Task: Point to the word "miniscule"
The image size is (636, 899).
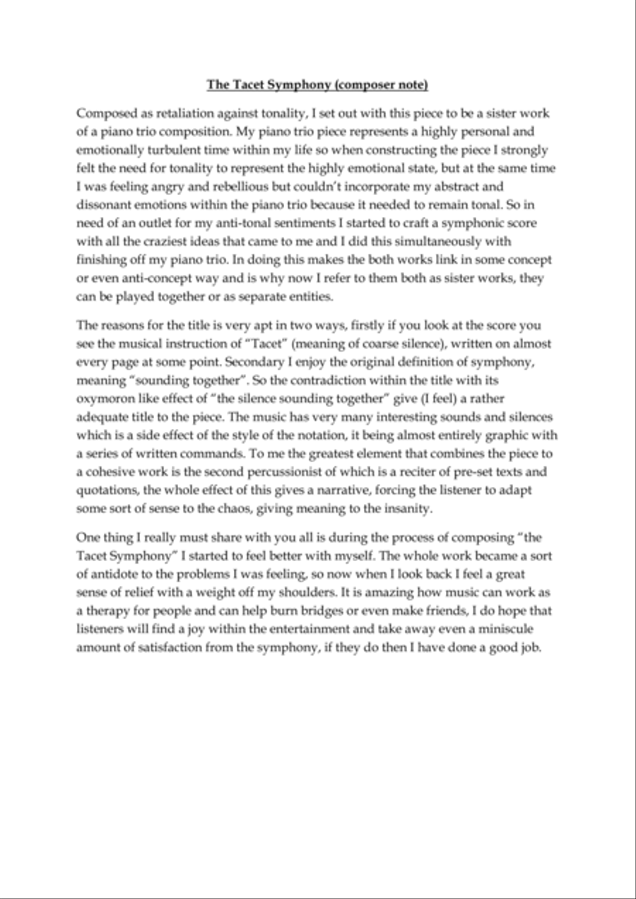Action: [508, 629]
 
